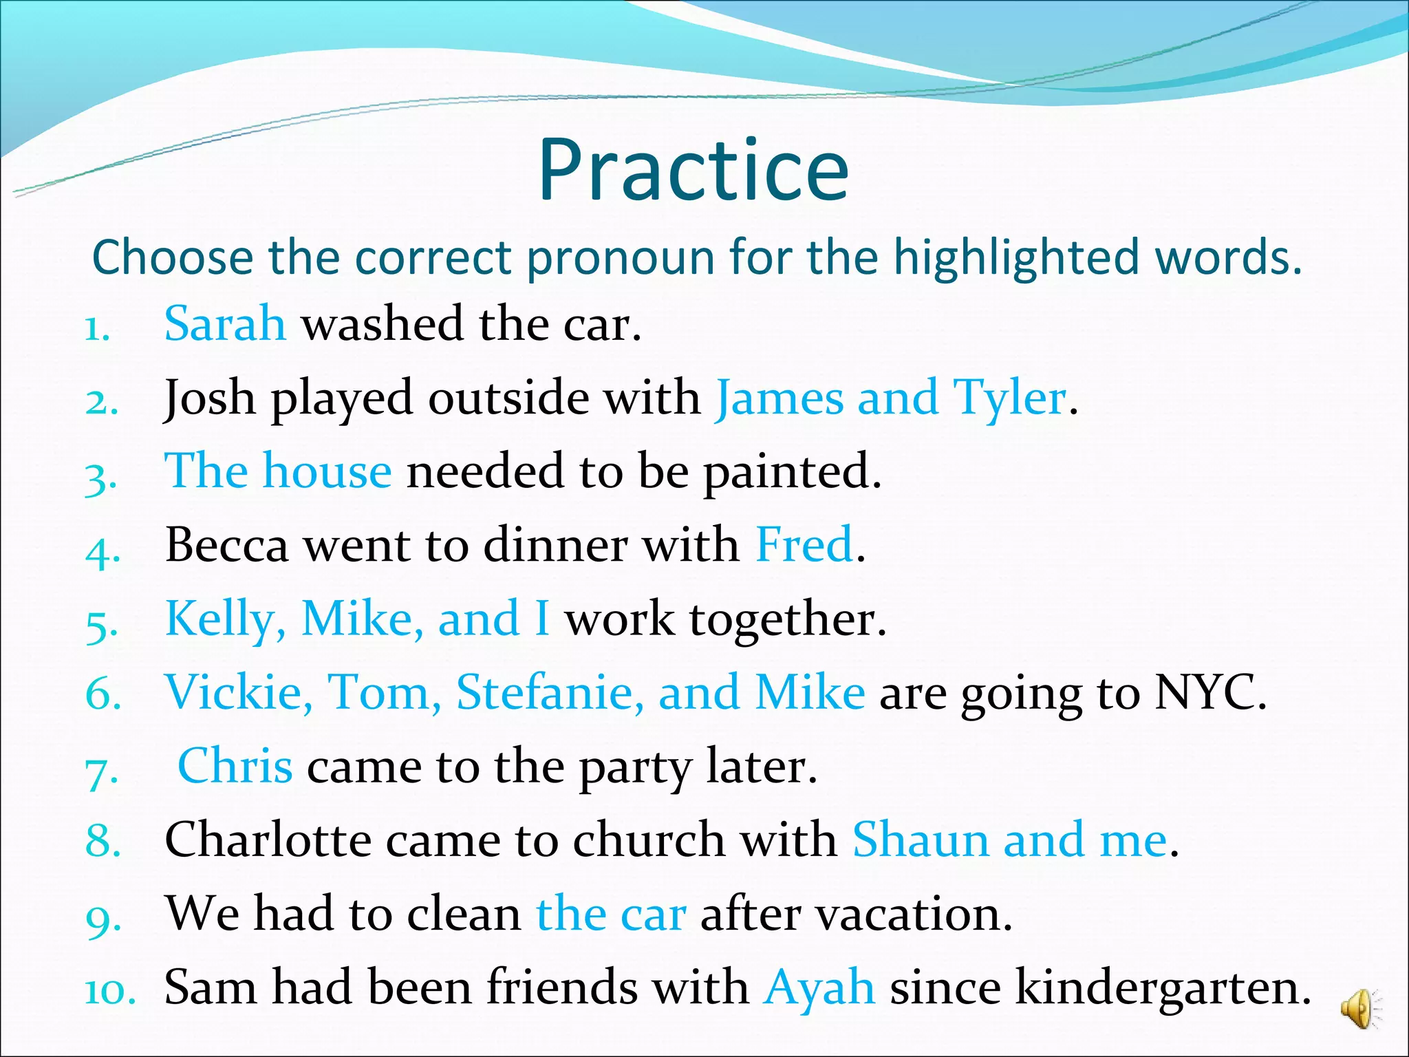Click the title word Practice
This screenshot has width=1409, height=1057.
coord(693,171)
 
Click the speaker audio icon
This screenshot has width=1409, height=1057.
coord(1359,1009)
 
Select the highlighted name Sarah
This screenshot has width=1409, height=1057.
coord(225,323)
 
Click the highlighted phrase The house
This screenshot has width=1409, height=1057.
coord(278,471)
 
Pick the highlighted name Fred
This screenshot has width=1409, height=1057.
coord(804,545)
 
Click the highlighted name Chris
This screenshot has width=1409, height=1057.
coord(235,766)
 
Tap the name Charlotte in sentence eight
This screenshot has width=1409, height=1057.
coord(268,840)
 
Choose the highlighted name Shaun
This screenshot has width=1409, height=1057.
coord(920,840)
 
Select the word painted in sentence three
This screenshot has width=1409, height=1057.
coord(791,472)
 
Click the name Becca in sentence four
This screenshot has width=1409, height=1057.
coord(226,545)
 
